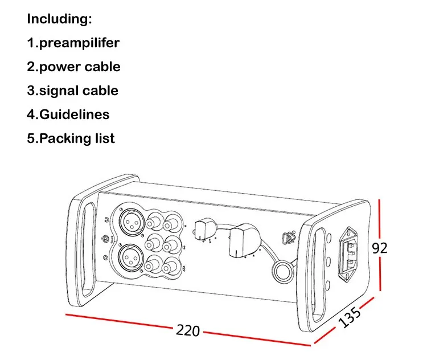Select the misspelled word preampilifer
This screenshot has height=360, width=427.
click(x=79, y=43)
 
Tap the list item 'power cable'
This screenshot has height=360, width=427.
click(x=80, y=67)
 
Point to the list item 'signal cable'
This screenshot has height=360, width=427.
click(x=79, y=91)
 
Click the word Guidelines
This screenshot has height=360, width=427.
click(x=75, y=114)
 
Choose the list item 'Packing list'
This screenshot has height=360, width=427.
click(x=77, y=138)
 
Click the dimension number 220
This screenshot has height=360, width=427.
click(x=188, y=330)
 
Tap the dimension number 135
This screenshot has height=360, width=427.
click(x=350, y=317)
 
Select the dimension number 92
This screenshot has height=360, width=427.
click(x=379, y=248)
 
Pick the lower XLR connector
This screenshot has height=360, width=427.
click(x=131, y=257)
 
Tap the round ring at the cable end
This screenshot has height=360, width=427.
click(x=282, y=271)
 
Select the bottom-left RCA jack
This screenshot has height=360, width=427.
click(x=151, y=265)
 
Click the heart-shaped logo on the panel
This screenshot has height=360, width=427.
click(x=289, y=237)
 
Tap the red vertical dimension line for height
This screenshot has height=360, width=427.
click(x=380, y=246)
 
